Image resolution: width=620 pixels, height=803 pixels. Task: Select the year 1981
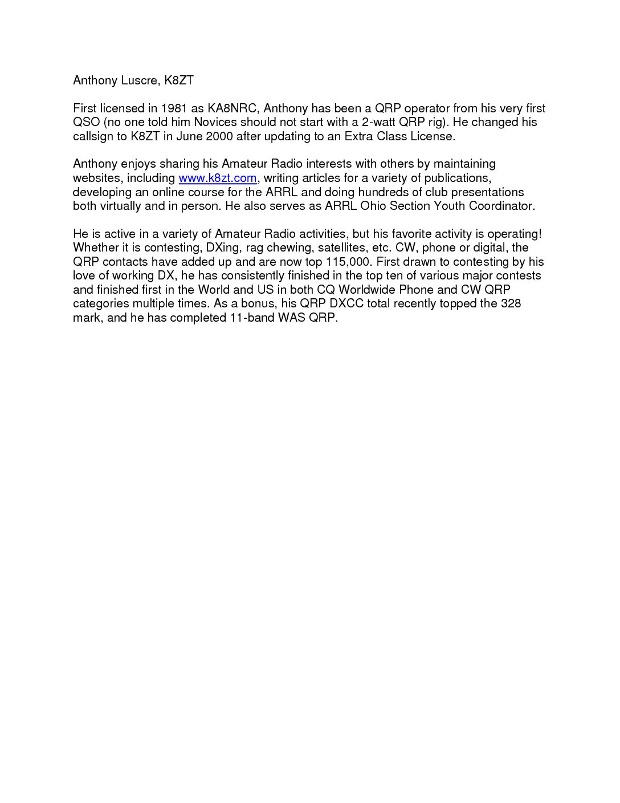(174, 108)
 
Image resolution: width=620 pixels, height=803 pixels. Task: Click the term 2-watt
(378, 122)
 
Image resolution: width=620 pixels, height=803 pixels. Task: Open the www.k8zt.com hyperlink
(217, 178)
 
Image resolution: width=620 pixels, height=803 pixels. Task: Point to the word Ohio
(373, 206)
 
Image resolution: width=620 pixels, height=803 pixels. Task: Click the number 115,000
(348, 262)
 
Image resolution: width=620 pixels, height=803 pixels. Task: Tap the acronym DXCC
(346, 303)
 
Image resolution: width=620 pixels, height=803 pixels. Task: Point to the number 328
(511, 303)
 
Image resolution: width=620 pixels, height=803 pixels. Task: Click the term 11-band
(251, 318)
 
